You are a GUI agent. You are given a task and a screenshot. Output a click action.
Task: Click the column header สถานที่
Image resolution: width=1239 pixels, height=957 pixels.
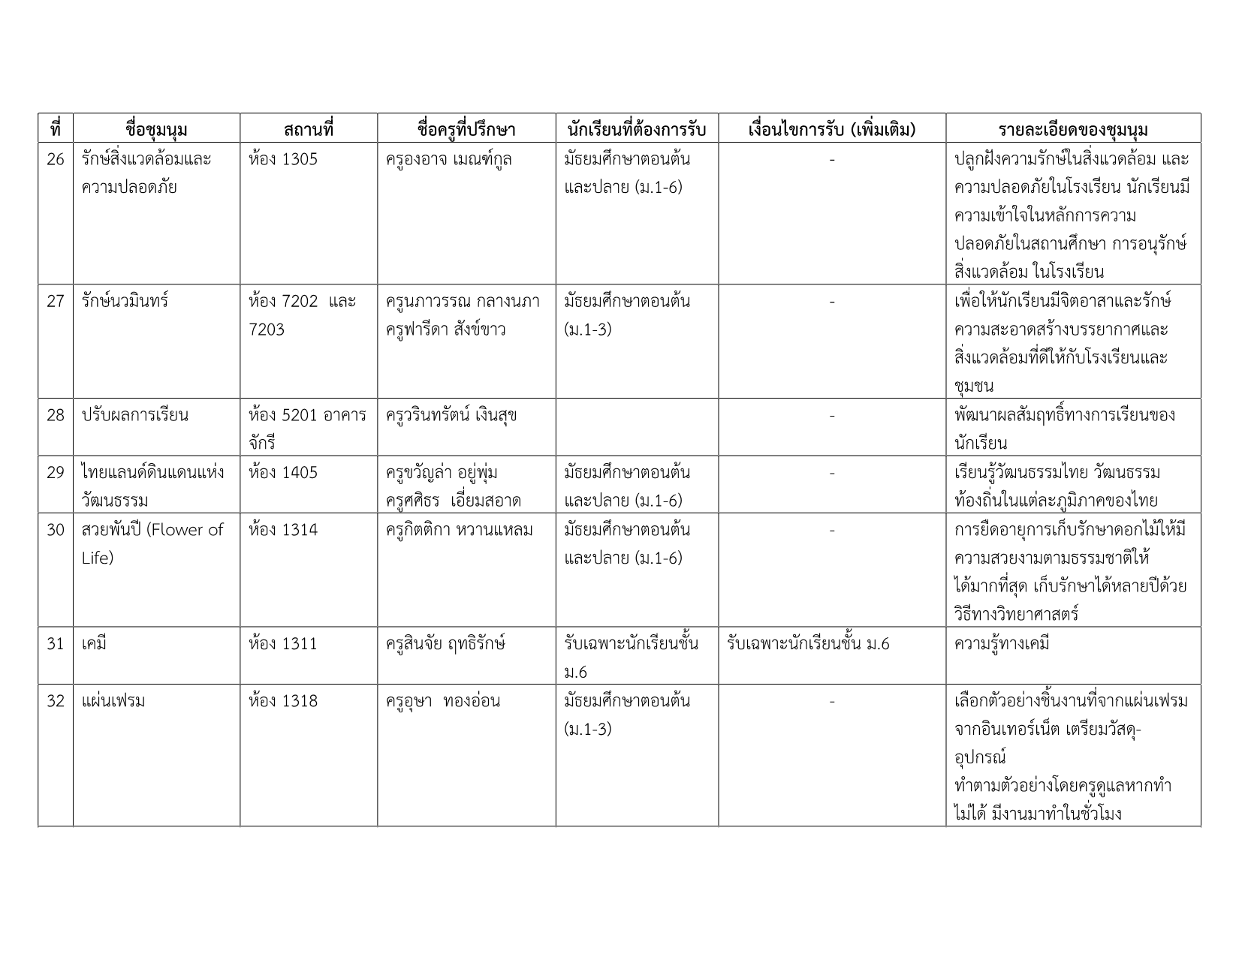pos(308,129)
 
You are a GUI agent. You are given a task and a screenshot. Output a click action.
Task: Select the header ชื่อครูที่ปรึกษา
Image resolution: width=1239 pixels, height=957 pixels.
pos(466,129)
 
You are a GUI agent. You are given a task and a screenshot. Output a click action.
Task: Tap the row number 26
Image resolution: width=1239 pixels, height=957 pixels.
pos(56,160)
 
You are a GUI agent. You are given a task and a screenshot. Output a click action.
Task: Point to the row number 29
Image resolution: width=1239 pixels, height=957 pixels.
pos(56,473)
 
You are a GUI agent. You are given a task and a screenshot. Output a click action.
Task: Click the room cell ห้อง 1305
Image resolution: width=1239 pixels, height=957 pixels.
pos(283,160)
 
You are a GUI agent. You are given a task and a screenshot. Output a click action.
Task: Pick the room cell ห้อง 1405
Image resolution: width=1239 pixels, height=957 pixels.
pos(283,473)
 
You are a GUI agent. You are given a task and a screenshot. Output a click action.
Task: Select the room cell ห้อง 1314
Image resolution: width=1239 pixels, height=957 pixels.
pos(283,530)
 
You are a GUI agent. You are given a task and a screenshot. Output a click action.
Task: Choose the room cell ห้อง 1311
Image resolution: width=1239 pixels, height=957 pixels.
pos(283,644)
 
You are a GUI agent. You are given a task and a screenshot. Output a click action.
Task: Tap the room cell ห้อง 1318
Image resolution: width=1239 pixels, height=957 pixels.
pos(283,701)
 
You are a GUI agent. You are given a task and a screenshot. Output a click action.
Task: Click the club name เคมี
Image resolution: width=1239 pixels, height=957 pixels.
pos(94,644)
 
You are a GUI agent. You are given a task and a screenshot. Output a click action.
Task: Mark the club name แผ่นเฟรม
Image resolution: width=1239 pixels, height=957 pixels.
pos(113,701)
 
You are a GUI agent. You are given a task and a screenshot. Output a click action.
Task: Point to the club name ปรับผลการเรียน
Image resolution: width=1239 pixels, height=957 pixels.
pos(135,416)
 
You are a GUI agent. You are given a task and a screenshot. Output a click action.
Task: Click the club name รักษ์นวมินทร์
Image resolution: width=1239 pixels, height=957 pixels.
pos(125,302)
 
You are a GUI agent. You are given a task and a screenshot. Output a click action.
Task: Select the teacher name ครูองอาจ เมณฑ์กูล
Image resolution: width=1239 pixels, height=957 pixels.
pos(448,160)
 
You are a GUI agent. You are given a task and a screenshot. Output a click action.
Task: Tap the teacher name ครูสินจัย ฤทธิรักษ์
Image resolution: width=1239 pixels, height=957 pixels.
pos(445,644)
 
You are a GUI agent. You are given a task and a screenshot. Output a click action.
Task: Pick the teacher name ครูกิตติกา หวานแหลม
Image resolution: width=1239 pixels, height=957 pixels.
pos(459,530)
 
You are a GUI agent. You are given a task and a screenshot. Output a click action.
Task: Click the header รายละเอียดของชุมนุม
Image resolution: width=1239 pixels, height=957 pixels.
pos(1073,129)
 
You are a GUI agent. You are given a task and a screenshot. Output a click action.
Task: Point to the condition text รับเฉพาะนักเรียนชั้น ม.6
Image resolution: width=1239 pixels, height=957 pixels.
pos(809,644)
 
